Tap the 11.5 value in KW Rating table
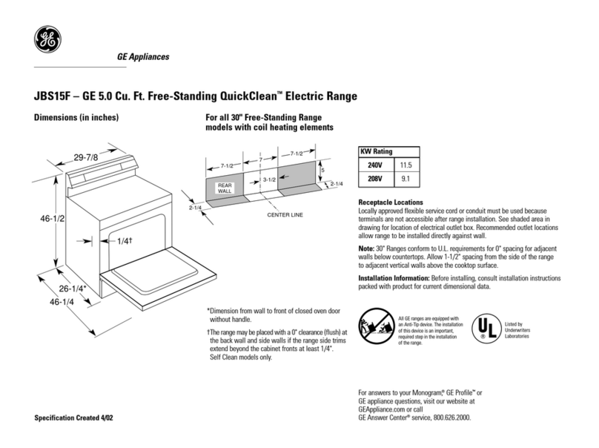[x=406, y=164]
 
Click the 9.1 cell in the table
[x=406, y=178]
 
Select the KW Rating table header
[x=376, y=151]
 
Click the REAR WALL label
[x=225, y=187]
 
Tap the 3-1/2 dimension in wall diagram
[x=269, y=180]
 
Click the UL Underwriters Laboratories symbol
[x=484, y=326]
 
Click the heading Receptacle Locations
[x=390, y=203]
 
